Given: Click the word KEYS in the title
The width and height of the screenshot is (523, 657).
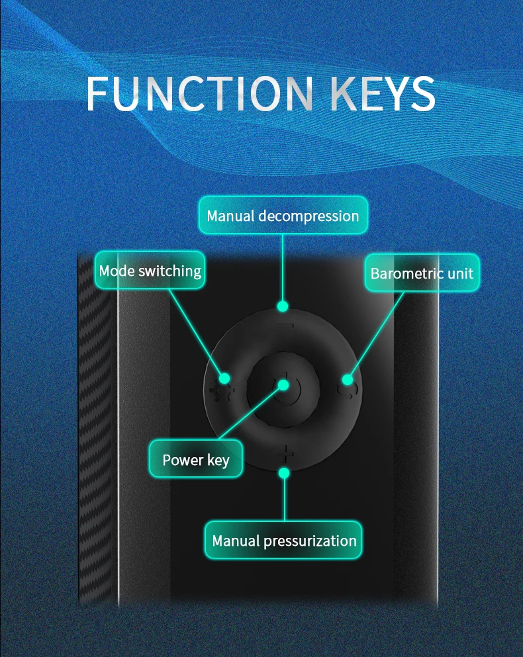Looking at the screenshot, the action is (x=382, y=94).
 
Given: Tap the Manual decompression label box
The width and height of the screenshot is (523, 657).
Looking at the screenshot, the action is (x=283, y=216).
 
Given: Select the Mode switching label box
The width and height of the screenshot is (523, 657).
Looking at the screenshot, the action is (x=150, y=270).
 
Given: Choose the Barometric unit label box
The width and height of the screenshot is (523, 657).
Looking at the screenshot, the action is (x=422, y=273).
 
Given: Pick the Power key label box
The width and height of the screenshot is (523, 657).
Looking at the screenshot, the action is (x=195, y=459).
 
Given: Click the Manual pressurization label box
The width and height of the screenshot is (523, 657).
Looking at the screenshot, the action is (x=284, y=541).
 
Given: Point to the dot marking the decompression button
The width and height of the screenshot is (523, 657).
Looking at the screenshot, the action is (x=283, y=306).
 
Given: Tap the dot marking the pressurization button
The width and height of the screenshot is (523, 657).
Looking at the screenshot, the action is (x=285, y=472).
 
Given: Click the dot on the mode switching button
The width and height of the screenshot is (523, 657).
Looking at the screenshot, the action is (x=224, y=378).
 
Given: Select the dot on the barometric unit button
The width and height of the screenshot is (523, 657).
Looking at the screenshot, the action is (x=347, y=379).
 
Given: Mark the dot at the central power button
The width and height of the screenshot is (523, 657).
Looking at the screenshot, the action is (x=283, y=384).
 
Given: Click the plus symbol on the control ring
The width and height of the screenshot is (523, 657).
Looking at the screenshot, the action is (x=286, y=455).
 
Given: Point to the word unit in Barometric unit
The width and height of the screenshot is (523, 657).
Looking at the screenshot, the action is (x=461, y=273).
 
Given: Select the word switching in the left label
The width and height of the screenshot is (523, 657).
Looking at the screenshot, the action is (x=170, y=271).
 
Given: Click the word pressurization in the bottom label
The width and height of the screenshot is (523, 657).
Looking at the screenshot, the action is (x=310, y=541).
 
